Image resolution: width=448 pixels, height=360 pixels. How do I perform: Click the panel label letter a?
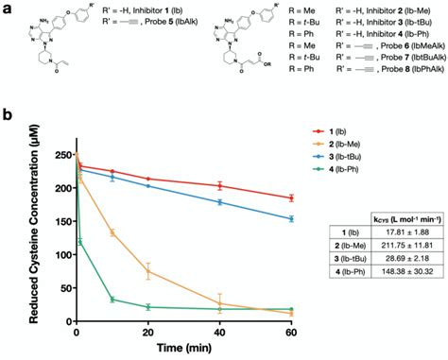point(8,8)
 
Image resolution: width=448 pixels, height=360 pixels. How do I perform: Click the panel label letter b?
point(8,119)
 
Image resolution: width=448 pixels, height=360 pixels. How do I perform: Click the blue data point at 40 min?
point(219,202)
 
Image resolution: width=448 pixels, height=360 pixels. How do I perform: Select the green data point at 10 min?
point(112,300)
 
